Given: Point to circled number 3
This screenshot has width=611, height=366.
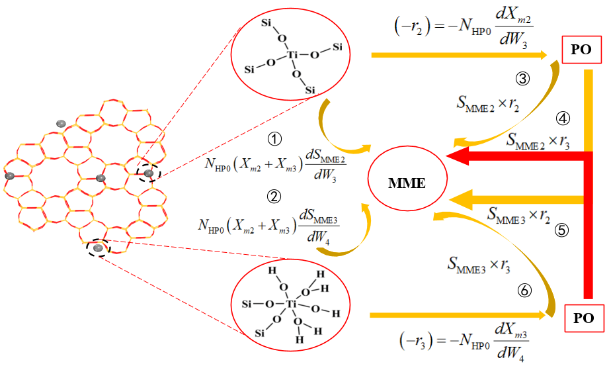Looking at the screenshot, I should tap(522, 79).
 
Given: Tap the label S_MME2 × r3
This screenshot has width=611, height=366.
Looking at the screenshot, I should tap(538, 141).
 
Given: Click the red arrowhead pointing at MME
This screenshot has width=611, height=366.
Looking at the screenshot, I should tap(456, 156).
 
